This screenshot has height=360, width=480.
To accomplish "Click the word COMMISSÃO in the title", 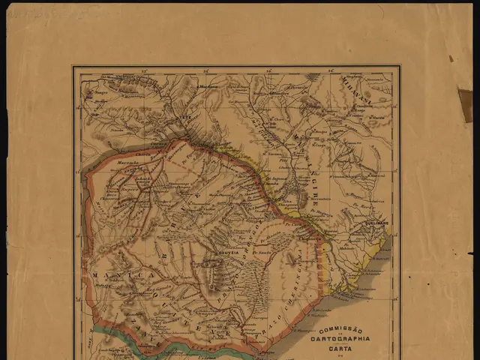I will (340, 330).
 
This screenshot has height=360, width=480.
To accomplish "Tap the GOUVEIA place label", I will (227, 253).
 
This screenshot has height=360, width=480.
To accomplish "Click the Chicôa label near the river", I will (159, 142).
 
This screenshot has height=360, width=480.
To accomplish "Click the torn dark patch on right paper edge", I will (465, 105).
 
